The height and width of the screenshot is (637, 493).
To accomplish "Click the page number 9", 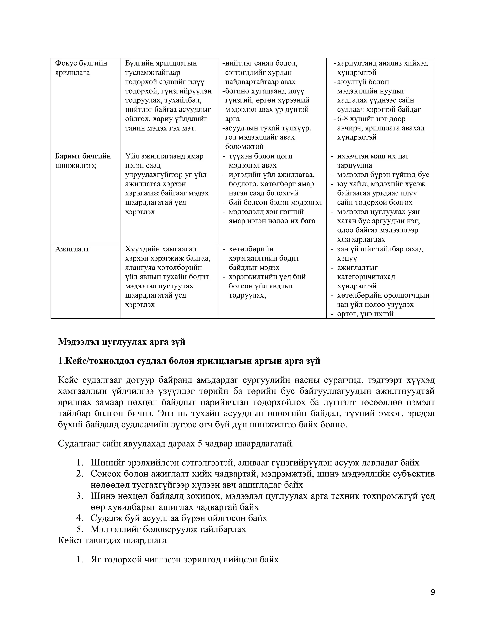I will point(433,592).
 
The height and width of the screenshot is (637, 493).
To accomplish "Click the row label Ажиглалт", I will point(72,249).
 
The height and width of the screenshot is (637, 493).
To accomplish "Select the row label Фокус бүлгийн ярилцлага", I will point(81,68).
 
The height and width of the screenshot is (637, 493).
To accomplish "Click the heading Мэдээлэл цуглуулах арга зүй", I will point(122,342).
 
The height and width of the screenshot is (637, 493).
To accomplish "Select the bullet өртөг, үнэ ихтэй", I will point(365,314).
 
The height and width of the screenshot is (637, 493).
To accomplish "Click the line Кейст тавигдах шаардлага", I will point(112,540).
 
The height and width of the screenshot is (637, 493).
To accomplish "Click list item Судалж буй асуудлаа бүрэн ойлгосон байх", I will point(179,518).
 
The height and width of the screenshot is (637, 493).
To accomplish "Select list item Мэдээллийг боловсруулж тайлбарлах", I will point(168,529).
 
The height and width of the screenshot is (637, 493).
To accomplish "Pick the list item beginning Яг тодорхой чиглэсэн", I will point(185,559).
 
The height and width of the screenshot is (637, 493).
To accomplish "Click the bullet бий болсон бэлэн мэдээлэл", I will point(275,202).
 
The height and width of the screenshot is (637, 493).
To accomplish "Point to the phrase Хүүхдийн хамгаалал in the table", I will point(161,249).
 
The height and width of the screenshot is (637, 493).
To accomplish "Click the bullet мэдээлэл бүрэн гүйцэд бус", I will point(383,175).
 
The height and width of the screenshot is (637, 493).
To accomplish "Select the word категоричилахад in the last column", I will point(366,277).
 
